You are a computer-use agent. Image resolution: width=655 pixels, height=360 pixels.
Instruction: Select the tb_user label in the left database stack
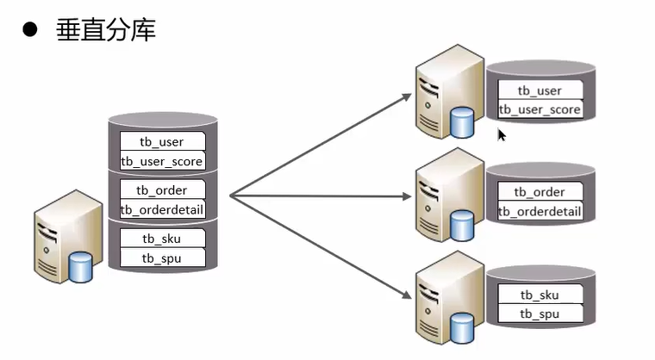pyautogui.click(x=161, y=142)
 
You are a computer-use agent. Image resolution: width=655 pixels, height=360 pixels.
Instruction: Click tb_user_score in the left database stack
pyautogui.click(x=161, y=161)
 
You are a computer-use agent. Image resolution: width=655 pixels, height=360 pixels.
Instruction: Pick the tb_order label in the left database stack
pyautogui.click(x=161, y=190)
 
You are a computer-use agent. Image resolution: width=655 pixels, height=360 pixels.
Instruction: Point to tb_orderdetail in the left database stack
pyautogui.click(x=161, y=209)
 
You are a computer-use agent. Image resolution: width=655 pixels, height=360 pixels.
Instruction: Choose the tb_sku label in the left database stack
pyautogui.click(x=161, y=239)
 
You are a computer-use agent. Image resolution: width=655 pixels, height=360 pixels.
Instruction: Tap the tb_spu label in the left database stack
pyautogui.click(x=161, y=258)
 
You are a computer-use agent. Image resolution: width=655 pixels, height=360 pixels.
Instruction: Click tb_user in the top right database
pyautogui.click(x=540, y=90)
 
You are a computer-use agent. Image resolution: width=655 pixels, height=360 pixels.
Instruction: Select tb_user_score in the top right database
pyautogui.click(x=540, y=109)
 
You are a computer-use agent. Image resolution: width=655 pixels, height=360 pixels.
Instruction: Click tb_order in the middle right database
pyautogui.click(x=540, y=192)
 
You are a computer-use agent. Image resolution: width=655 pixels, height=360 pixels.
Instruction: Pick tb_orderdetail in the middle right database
pyautogui.click(x=540, y=212)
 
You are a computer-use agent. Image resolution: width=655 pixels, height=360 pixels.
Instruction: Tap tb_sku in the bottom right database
pyautogui.click(x=540, y=295)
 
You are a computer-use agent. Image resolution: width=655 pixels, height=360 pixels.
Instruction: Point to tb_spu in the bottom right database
pyautogui.click(x=540, y=313)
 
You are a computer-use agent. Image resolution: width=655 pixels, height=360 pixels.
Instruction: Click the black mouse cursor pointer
pyautogui.click(x=502, y=135)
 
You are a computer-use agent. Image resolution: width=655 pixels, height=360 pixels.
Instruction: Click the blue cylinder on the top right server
pyautogui.click(x=462, y=123)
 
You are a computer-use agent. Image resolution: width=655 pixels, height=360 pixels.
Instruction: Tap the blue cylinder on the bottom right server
pyautogui.click(x=462, y=326)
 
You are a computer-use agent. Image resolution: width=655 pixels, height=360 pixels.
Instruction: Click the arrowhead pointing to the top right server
pyautogui.click(x=406, y=94)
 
